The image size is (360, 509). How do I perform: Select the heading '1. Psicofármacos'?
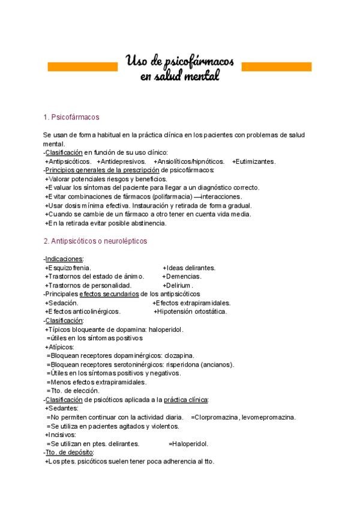click(x=71, y=117)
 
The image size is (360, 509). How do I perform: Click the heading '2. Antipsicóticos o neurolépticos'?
click(x=95, y=241)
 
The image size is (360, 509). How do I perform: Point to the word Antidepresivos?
click(x=123, y=161)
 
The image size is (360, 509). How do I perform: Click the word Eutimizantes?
click(x=254, y=161)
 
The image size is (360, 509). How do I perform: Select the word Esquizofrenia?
click(x=70, y=268)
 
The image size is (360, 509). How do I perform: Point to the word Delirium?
click(x=179, y=285)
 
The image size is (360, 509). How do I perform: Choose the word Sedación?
click(x=61, y=303)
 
